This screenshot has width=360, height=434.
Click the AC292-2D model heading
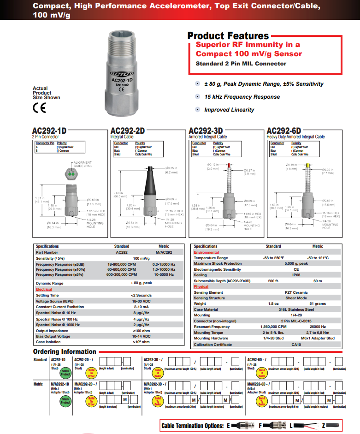[x=128, y=131]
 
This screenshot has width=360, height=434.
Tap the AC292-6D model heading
[x=283, y=131]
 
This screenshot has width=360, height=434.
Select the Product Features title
[x=228, y=36]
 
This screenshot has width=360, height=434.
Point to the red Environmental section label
[x=206, y=252]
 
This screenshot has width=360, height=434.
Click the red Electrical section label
[x=44, y=289]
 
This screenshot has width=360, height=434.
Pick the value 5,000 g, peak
[x=295, y=263]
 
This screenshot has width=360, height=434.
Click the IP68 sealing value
[x=295, y=275]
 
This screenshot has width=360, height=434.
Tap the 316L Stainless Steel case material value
[x=295, y=309]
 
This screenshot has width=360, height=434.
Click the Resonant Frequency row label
[x=211, y=327]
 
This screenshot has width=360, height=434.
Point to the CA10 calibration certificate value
[x=295, y=344]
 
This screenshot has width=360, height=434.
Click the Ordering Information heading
[x=65, y=351]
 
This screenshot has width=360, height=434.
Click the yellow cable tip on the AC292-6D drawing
[x=307, y=165]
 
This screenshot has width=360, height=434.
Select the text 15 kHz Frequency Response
[x=242, y=97]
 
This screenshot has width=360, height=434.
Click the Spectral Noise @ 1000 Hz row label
[x=57, y=325]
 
